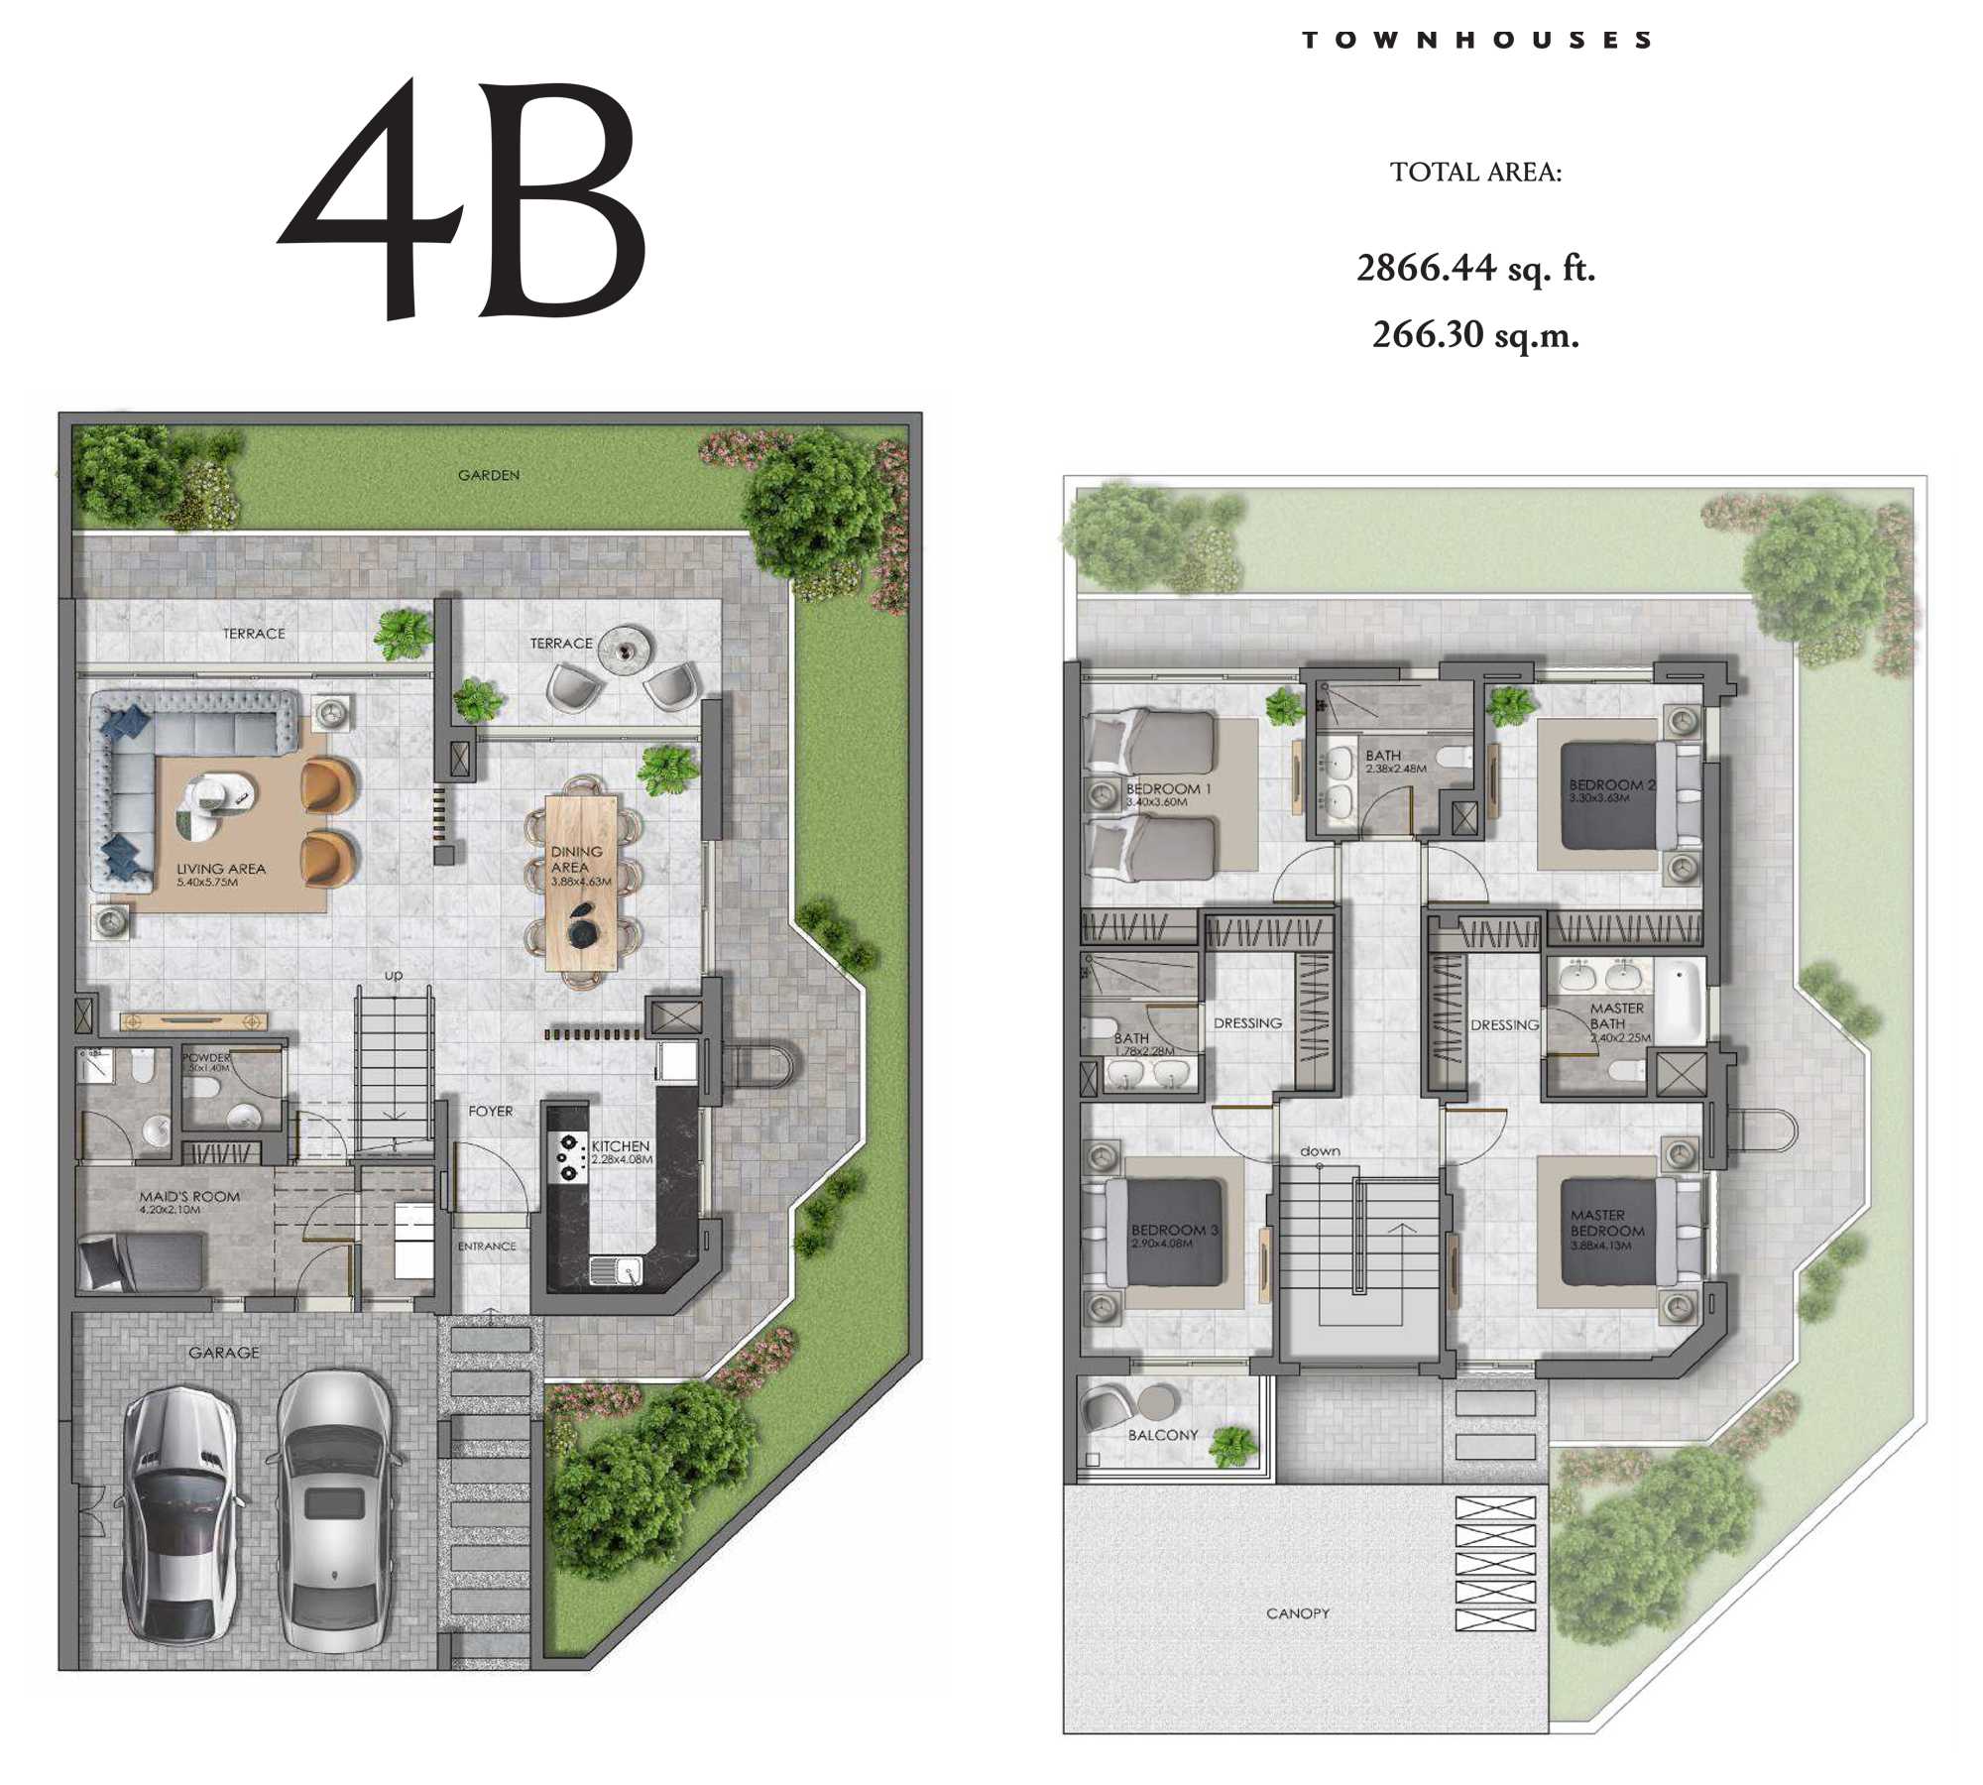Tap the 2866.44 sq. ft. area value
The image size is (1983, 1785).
[1475, 269]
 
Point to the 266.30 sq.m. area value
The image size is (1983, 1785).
[1475, 335]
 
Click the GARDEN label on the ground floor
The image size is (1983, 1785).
[489, 476]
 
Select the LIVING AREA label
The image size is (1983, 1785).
[221, 869]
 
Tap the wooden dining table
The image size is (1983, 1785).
[581, 883]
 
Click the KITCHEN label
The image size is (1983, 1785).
[621, 1146]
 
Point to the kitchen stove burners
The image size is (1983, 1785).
[568, 1157]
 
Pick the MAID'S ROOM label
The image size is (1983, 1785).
[189, 1197]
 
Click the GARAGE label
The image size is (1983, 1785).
[224, 1353]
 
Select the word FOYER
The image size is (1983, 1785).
[491, 1112]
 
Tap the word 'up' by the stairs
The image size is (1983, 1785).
[394, 976]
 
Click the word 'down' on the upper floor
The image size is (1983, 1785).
[1320, 1151]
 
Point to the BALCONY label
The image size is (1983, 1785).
[1163, 1435]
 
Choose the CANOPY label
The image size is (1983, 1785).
[1298, 1613]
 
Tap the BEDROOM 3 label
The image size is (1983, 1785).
[1175, 1230]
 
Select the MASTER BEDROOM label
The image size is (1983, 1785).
[1606, 1223]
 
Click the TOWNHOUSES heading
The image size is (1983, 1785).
[1476, 41]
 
